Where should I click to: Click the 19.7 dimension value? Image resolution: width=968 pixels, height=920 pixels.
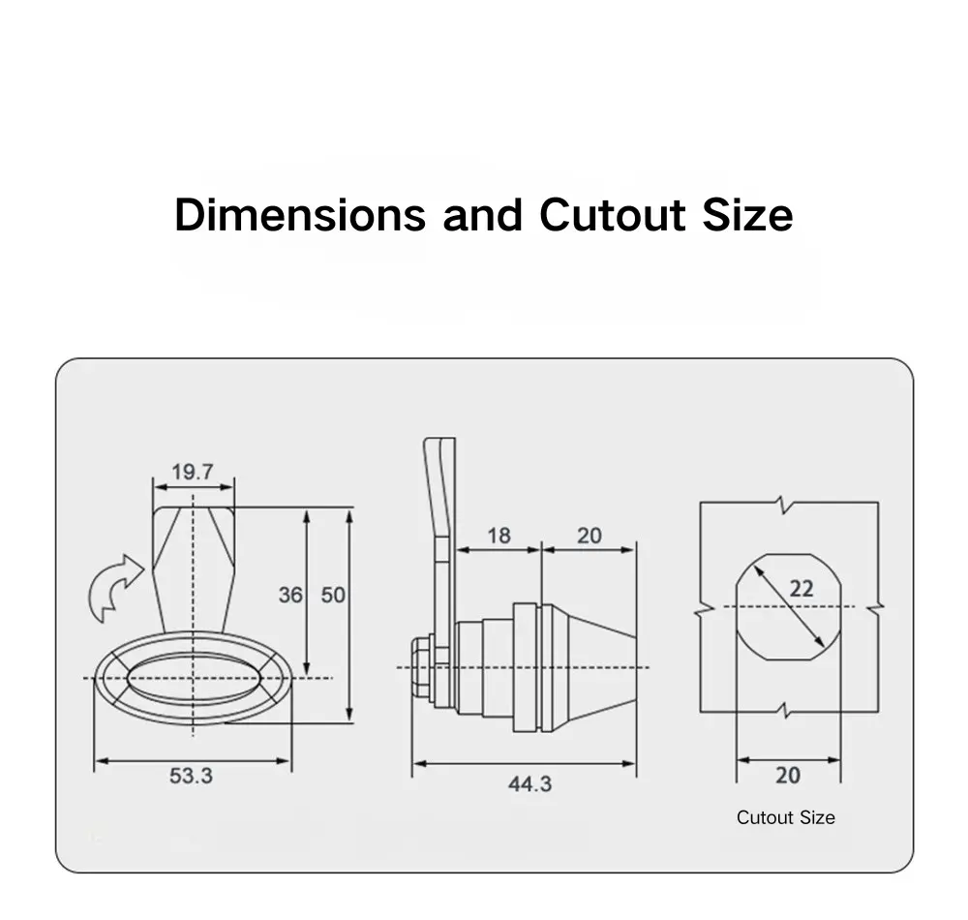click(x=192, y=473)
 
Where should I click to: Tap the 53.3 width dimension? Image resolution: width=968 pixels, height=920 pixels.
click(x=191, y=776)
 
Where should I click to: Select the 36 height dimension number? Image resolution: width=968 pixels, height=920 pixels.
click(x=290, y=595)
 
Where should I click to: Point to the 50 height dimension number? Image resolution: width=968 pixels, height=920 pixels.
click(x=333, y=595)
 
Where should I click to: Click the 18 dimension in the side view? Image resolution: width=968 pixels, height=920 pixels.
click(x=499, y=536)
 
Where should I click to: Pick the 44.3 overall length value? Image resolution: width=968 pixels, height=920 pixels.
click(x=529, y=783)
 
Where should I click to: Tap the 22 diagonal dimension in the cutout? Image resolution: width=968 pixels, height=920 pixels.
click(x=802, y=588)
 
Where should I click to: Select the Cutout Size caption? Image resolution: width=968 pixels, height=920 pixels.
click(x=785, y=817)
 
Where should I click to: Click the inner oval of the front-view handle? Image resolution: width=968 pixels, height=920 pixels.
click(x=193, y=677)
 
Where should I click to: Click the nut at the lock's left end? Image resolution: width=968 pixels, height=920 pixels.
click(x=421, y=668)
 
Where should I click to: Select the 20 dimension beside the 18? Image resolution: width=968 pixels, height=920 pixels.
click(x=589, y=536)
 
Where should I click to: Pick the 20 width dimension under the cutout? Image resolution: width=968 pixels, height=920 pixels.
click(x=788, y=776)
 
